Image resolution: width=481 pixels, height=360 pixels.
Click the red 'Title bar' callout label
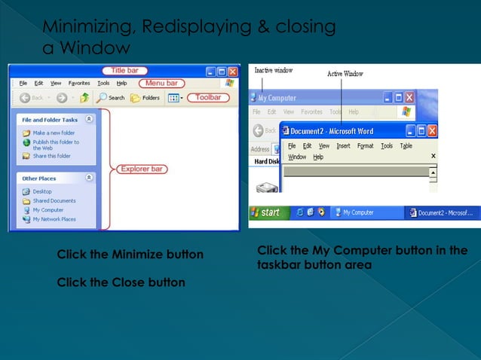[124, 71]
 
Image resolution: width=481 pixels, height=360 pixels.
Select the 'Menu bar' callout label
[161, 83]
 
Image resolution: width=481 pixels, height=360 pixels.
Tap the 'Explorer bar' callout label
[141, 169]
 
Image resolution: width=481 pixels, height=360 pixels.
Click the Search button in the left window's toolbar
[110, 98]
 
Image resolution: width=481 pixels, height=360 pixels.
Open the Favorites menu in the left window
[79, 83]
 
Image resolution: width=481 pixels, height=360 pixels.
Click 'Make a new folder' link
[54, 133]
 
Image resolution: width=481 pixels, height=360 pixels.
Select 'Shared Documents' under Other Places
[54, 201]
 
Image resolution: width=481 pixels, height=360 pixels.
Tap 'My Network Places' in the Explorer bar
[54, 219]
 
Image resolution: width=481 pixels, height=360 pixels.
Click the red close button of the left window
[233, 72]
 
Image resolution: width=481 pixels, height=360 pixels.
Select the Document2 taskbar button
[441, 213]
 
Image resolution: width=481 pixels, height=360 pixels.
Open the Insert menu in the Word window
[343, 146]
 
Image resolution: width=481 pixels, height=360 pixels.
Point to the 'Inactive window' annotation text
[274, 71]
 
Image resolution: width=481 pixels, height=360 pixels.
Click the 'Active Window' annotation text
[345, 74]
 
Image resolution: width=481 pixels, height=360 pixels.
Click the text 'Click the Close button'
[121, 282]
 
